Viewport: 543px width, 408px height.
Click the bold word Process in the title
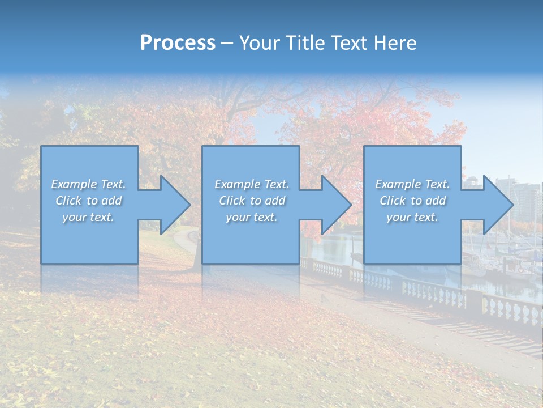178,43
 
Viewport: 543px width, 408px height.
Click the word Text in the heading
348,43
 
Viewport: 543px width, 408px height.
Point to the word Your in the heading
260,43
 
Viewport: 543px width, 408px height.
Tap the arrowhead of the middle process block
335,205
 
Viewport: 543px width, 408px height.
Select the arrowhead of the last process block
497,205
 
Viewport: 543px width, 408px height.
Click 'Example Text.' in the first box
89,184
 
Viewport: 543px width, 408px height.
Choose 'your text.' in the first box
89,217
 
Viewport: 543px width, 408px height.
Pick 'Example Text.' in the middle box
252,184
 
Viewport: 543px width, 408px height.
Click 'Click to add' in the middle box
252,201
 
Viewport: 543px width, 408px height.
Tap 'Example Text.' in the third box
413,184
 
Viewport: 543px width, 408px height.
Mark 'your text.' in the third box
413,217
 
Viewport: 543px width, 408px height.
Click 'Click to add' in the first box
89,201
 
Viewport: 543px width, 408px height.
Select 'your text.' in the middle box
252,217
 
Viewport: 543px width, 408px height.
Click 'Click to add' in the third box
413,201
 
